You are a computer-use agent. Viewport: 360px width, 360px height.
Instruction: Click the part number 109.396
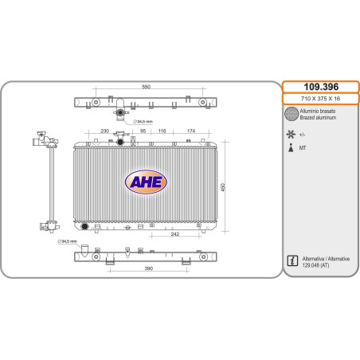pyautogui.click(x=321, y=87)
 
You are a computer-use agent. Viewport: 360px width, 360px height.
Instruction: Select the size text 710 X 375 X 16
pyautogui.click(x=320, y=99)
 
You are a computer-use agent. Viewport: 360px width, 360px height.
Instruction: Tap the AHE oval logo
pyautogui.click(x=146, y=182)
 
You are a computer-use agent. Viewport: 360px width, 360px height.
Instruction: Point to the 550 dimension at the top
pyautogui.click(x=147, y=87)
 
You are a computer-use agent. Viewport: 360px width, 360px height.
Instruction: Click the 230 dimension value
pyautogui.click(x=105, y=131)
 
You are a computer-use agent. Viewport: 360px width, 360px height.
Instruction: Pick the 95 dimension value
pyautogui.click(x=143, y=131)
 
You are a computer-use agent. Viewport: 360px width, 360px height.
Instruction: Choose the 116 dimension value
pyautogui.click(x=162, y=131)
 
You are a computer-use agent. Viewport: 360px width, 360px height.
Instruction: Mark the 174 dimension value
pyautogui.click(x=191, y=131)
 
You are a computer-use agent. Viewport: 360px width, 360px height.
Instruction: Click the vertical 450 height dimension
pyautogui.click(x=223, y=187)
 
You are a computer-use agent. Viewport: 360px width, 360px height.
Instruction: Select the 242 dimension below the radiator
pyautogui.click(x=175, y=234)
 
